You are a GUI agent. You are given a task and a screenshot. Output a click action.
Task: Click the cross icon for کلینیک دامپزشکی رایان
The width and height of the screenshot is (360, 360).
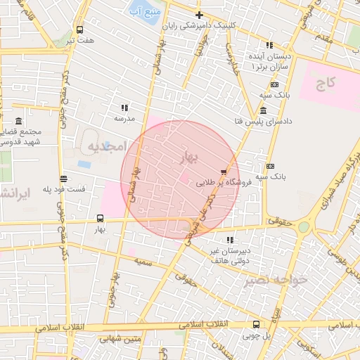click(x=199, y=15)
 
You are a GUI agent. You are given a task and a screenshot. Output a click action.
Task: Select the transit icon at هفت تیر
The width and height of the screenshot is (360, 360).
click(x=79, y=30)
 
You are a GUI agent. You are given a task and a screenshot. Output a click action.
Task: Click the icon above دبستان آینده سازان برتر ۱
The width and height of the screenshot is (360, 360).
click(x=250, y=45)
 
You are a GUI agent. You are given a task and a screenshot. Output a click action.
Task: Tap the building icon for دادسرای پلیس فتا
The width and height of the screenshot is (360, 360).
click(x=263, y=111)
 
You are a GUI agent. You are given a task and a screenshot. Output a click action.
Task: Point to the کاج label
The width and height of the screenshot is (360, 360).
click(x=326, y=84)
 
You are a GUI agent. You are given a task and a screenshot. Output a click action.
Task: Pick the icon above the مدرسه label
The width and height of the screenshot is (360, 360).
click(x=124, y=108)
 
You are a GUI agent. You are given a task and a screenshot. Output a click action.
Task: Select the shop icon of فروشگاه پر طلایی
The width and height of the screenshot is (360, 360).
click(x=224, y=171)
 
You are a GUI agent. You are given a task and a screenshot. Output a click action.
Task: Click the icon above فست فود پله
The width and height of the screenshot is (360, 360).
click(x=64, y=179)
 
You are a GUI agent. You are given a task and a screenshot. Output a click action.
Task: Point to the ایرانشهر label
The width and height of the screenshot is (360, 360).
click(x=13, y=193)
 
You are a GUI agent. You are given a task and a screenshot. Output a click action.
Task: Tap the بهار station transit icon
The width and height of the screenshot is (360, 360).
click(x=100, y=218)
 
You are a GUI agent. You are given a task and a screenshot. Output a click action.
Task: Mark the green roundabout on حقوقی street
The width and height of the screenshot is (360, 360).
click(x=303, y=227)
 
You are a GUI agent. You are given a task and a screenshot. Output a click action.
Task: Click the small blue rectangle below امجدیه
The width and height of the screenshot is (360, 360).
click(x=84, y=165)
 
